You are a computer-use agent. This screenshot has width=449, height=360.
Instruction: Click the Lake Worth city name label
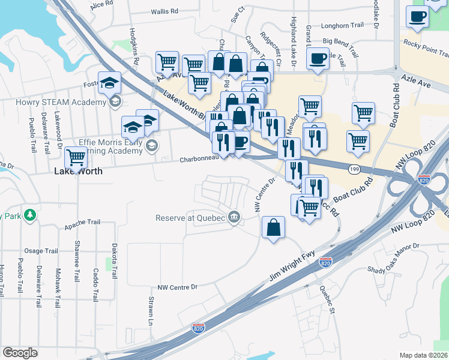[78, 171]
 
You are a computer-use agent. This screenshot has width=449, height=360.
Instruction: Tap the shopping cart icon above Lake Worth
[76, 157]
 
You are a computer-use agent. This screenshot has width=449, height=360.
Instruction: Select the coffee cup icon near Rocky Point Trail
[417, 17]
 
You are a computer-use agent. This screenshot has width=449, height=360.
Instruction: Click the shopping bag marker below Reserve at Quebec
[273, 227]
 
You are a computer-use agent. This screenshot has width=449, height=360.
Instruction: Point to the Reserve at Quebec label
[191, 218]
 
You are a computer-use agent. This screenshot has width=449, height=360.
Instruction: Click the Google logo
[20, 352]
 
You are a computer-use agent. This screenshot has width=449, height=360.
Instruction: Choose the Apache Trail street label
[79, 221]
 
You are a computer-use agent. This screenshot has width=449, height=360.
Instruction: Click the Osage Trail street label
[40, 251]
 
